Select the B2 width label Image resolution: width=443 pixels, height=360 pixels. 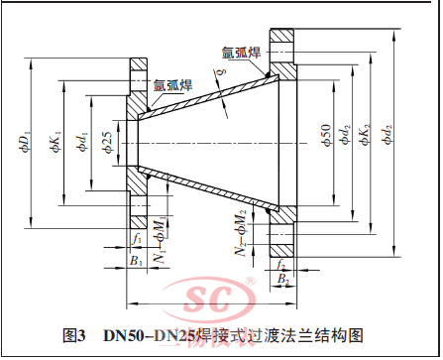[283, 280]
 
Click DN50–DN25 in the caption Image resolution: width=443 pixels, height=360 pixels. [143, 335]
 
